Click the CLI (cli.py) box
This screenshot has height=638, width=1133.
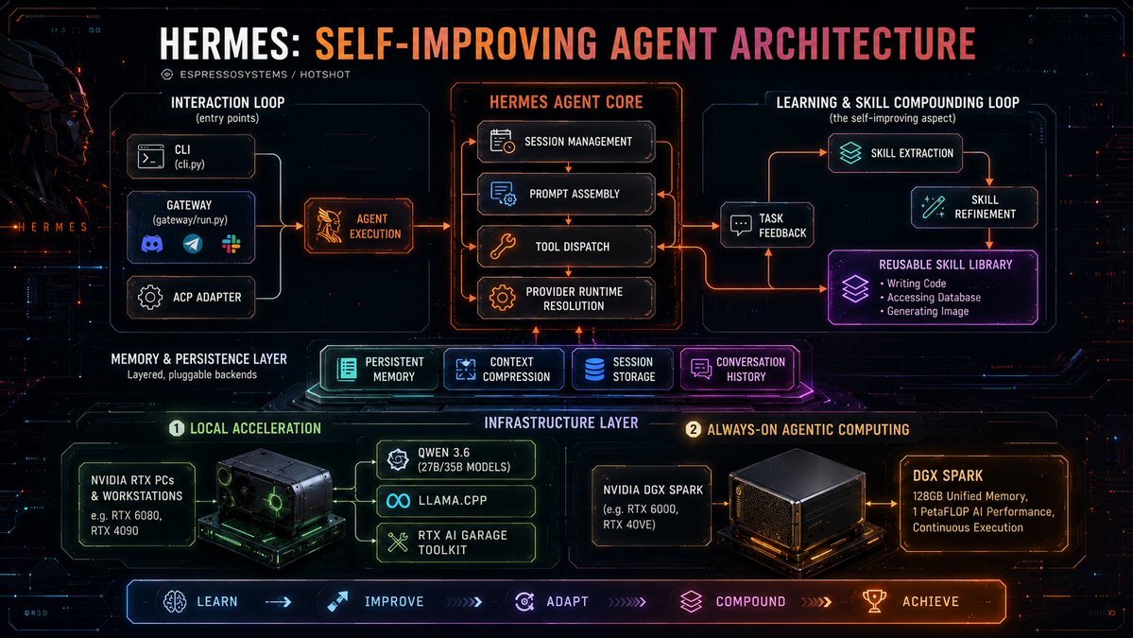191,156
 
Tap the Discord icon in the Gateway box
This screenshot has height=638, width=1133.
152,244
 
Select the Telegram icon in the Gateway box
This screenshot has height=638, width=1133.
192,244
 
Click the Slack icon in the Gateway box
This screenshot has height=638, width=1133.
232,244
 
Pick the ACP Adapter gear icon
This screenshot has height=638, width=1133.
150,297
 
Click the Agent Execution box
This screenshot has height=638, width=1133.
358,226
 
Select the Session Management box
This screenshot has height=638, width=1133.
566,142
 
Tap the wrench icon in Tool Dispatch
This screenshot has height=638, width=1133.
503,246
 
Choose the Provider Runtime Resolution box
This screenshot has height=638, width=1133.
566,299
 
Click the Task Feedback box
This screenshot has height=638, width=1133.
767,226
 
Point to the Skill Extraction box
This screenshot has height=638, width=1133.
895,153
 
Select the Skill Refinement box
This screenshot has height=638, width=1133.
974,207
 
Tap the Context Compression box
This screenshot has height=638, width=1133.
504,370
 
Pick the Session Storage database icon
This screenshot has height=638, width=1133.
594,370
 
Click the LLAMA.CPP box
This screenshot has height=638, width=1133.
456,500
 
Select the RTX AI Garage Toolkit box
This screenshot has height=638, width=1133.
456,543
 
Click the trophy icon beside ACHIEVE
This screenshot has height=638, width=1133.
874,601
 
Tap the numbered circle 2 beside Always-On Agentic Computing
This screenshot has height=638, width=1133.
693,429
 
